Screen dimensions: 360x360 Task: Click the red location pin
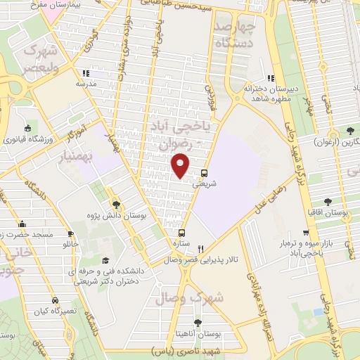181,165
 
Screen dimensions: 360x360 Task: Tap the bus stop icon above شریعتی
204,172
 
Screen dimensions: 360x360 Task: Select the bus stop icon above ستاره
182,233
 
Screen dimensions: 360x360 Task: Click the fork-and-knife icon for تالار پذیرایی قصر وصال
201,248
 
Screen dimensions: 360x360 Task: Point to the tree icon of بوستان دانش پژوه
116,205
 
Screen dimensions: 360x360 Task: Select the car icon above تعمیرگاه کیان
55,298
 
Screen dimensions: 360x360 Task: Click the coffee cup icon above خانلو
70,234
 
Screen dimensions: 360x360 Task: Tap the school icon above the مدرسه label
85,72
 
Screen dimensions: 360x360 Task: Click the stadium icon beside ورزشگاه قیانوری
27,128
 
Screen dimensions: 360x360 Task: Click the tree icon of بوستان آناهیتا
196,323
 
